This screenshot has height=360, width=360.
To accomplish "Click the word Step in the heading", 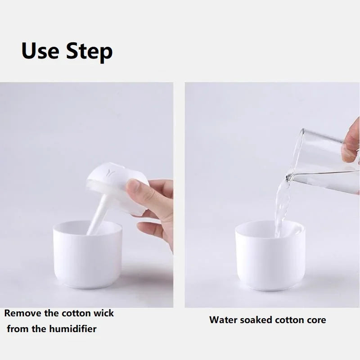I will (x=89, y=52).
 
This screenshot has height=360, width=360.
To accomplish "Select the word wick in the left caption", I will (x=103, y=313).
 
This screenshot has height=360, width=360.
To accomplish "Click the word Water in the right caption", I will (x=224, y=320).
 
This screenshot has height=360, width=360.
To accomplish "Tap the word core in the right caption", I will (x=316, y=320).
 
